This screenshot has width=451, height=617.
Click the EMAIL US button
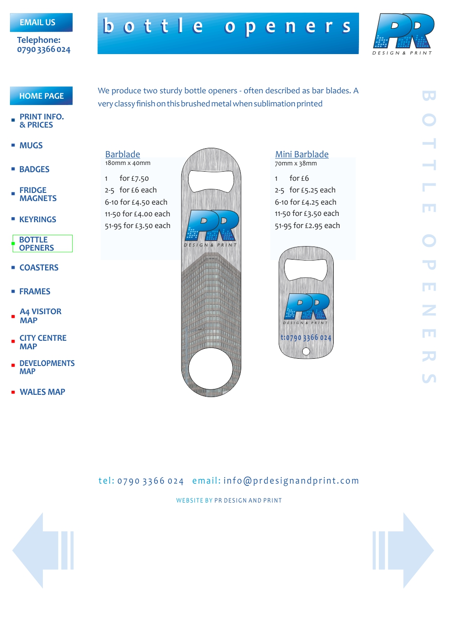tap(41, 23)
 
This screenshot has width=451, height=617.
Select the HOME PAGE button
tap(41, 96)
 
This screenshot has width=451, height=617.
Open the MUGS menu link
tap(31, 146)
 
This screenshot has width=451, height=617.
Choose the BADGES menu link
tap(34, 169)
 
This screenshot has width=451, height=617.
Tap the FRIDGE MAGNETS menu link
tap(38, 194)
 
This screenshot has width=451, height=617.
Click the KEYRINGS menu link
tap(37, 219)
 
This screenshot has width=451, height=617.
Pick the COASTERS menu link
tap(39, 268)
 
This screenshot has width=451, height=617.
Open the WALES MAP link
tap(42, 392)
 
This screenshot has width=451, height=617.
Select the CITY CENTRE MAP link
tap(43, 342)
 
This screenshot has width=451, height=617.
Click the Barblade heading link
tap(123, 154)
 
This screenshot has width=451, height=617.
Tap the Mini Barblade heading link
tap(302, 154)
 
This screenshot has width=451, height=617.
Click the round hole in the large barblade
tap(211, 368)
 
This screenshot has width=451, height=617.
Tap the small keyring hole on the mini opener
tap(306, 351)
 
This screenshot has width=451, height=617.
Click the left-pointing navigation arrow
tap(43, 550)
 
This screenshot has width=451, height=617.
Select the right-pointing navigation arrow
tap(403, 550)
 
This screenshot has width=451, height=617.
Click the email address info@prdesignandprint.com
tap(291, 481)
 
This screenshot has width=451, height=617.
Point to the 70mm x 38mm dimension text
tap(296, 164)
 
